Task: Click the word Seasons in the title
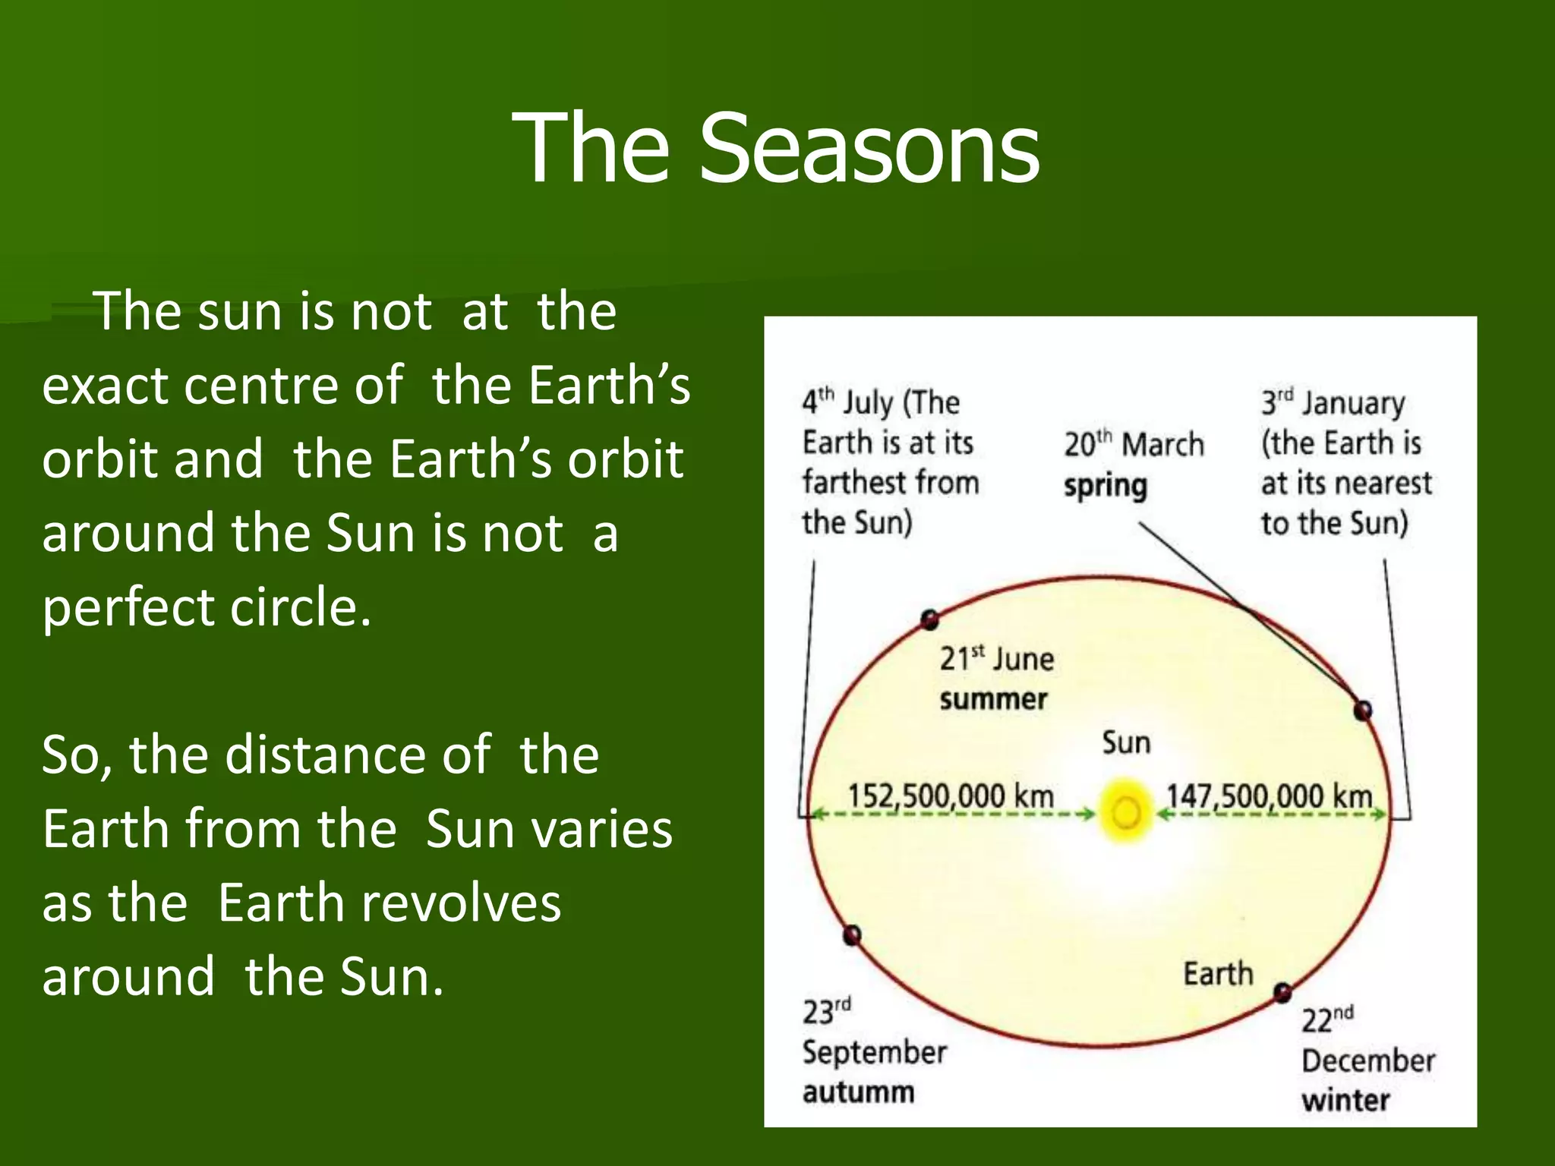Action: pyautogui.click(x=869, y=148)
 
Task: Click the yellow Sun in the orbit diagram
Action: pyautogui.click(x=1127, y=813)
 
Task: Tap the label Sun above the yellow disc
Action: pyautogui.click(x=1126, y=742)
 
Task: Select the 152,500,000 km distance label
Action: pyautogui.click(x=951, y=796)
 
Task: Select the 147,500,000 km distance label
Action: pyautogui.click(x=1269, y=796)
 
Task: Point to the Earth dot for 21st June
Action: pyautogui.click(x=929, y=619)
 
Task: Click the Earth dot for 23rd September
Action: pyautogui.click(x=852, y=934)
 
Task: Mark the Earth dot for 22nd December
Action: pyautogui.click(x=1282, y=992)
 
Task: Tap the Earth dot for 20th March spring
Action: pyautogui.click(x=1363, y=711)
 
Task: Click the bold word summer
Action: pyautogui.click(x=993, y=699)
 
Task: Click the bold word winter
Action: pyautogui.click(x=1345, y=1100)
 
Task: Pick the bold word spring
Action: pyautogui.click(x=1105, y=486)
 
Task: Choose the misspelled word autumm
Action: pyautogui.click(x=858, y=1092)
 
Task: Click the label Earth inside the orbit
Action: pyautogui.click(x=1217, y=973)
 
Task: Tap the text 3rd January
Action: pyautogui.click(x=1333, y=402)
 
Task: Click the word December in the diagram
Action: pyautogui.click(x=1367, y=1060)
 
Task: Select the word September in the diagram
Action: pyautogui.click(x=874, y=1052)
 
